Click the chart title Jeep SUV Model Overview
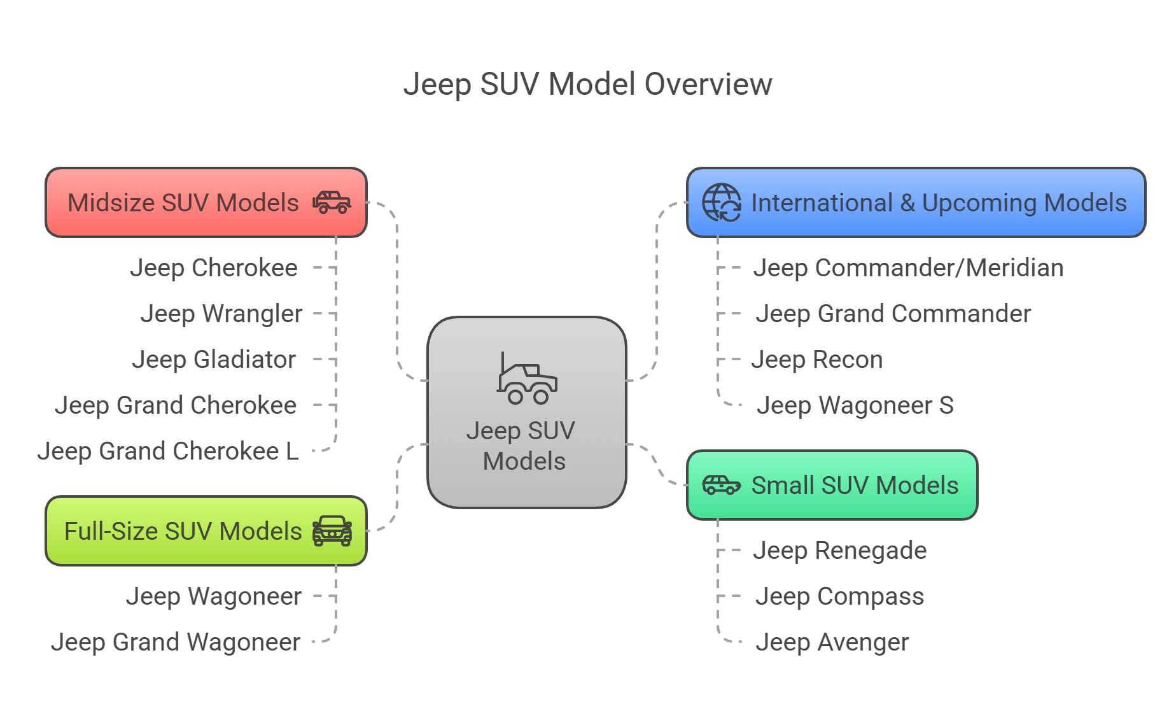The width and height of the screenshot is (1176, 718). click(587, 84)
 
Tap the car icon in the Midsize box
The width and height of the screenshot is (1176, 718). click(332, 202)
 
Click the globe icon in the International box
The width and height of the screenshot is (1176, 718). click(721, 202)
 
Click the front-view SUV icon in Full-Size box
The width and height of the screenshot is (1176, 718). click(332, 531)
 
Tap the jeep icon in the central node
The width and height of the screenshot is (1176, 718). click(527, 379)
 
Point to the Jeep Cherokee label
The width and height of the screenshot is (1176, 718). click(213, 268)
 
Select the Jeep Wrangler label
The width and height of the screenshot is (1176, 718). click(221, 314)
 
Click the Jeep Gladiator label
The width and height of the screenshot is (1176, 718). click(213, 360)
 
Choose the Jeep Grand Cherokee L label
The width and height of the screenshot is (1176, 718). click(168, 451)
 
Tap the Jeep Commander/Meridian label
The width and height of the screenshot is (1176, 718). click(908, 268)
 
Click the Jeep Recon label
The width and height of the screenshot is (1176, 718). click(816, 360)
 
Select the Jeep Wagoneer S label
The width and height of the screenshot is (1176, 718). click(855, 405)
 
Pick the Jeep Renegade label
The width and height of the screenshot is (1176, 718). click(839, 551)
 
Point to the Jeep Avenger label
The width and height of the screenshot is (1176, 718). click(832, 642)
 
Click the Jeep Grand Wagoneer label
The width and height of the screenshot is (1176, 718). click(176, 642)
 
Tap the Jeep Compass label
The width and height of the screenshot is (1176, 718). click(839, 596)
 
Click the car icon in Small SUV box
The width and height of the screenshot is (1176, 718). click(721, 485)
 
